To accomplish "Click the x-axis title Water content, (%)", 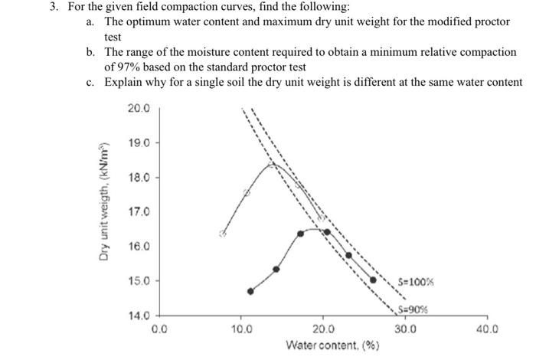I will [x=332, y=345].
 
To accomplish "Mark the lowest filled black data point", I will [x=250, y=291].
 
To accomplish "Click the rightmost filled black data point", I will [x=373, y=280].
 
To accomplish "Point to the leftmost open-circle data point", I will [x=223, y=234].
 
